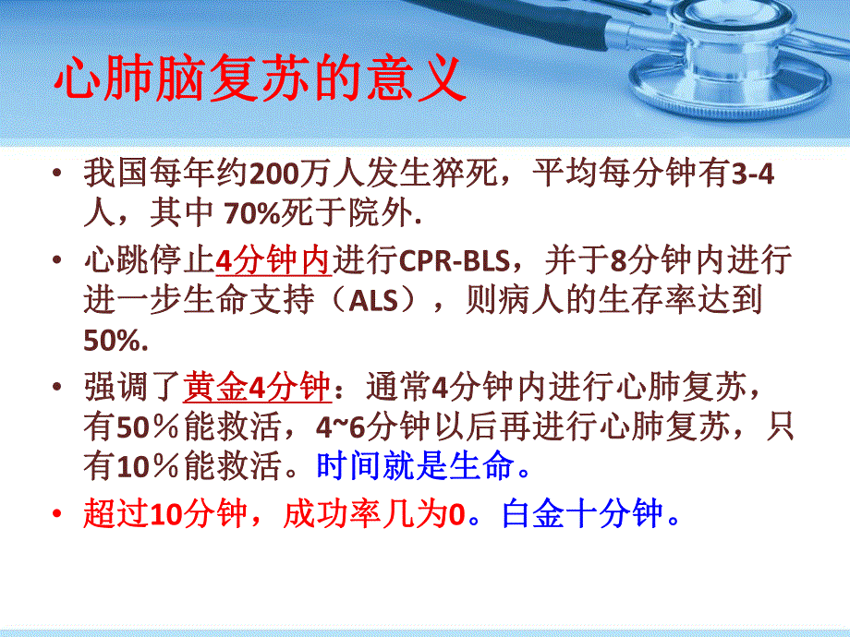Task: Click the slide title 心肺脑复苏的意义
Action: click(x=258, y=82)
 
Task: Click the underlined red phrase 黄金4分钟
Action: click(x=257, y=384)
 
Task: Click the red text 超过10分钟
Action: click(x=164, y=513)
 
